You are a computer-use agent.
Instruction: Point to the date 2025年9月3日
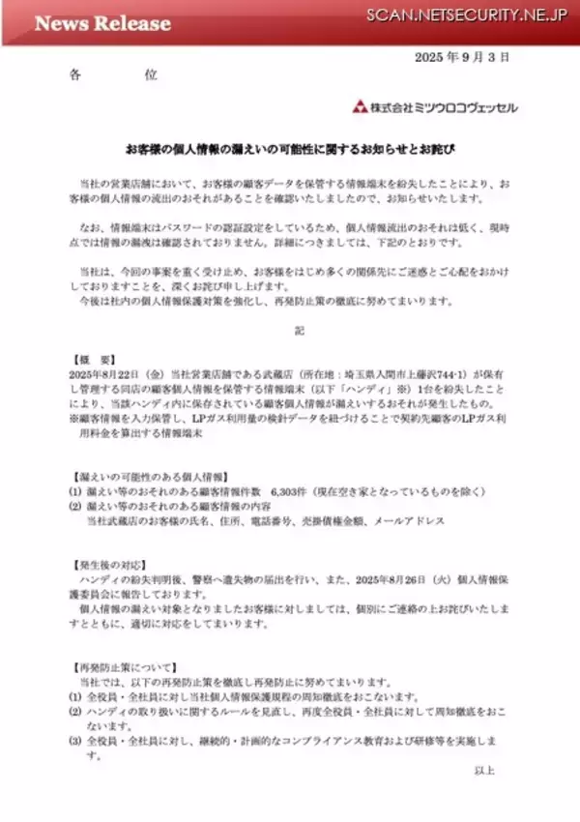point(461,58)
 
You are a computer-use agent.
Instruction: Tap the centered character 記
point(300,332)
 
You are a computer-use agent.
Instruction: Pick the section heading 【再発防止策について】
point(123,666)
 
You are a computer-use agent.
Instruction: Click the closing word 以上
point(511,770)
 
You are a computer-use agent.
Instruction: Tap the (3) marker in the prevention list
point(74,741)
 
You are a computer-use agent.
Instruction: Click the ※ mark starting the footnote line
point(73,418)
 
